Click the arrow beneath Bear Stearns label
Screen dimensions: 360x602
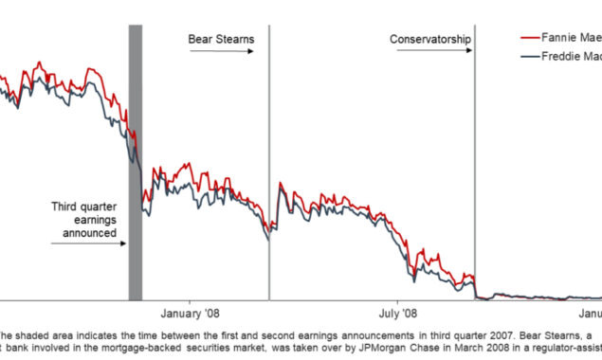coord(222,51)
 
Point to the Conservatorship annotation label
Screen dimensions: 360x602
coord(429,39)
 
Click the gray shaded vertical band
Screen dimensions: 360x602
coord(135,161)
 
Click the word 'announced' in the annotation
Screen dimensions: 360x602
coord(84,232)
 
